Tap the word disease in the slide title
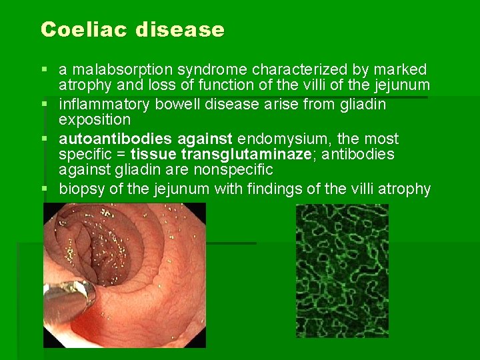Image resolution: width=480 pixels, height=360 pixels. pyautogui.click(x=181, y=30)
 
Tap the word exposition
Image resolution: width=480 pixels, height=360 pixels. pyautogui.click(x=95, y=120)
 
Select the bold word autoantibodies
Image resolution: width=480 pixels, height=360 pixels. pyautogui.click(x=107, y=139)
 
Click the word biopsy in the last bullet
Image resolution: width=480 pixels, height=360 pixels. pyautogui.click(x=80, y=189)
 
